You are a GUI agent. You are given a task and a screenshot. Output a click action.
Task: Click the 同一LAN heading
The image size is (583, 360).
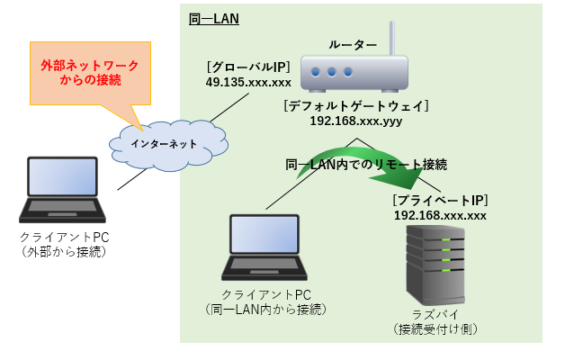point(214,19)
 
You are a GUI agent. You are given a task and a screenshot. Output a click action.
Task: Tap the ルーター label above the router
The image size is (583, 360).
point(353,45)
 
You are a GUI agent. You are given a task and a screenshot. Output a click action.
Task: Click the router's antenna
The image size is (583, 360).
point(392,39)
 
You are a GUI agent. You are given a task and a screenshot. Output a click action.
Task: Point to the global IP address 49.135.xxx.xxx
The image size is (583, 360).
point(248,82)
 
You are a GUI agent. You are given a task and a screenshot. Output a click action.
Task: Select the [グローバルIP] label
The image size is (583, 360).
point(248,67)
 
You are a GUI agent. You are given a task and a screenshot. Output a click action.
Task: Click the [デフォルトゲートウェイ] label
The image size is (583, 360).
point(356,106)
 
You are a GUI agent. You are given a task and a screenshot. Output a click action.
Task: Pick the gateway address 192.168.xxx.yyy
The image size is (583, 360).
point(356,121)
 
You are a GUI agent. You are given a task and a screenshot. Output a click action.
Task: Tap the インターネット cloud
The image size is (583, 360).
point(168,145)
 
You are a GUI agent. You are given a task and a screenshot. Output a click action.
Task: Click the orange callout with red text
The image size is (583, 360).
point(90,73)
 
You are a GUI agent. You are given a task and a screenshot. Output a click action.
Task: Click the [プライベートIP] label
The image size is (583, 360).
point(440,201)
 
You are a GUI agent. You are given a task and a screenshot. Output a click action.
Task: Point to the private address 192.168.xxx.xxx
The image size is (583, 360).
point(440,216)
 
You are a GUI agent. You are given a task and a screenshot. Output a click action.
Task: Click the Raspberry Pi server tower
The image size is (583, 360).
point(435,265)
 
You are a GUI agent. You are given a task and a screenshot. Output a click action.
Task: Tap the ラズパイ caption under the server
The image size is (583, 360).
point(435,315)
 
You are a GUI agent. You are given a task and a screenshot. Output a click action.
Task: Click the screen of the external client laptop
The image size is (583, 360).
point(62,177)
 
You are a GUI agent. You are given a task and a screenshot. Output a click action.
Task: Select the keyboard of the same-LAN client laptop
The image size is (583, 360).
point(265,264)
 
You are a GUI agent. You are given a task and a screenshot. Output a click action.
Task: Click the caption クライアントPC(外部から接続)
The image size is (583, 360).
point(64,245)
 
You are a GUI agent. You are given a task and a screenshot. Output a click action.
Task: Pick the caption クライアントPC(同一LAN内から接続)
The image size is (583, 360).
point(265,302)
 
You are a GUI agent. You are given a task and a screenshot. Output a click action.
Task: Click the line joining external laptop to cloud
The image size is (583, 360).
point(132,180)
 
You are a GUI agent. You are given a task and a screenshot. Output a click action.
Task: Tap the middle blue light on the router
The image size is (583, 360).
point(332,72)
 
